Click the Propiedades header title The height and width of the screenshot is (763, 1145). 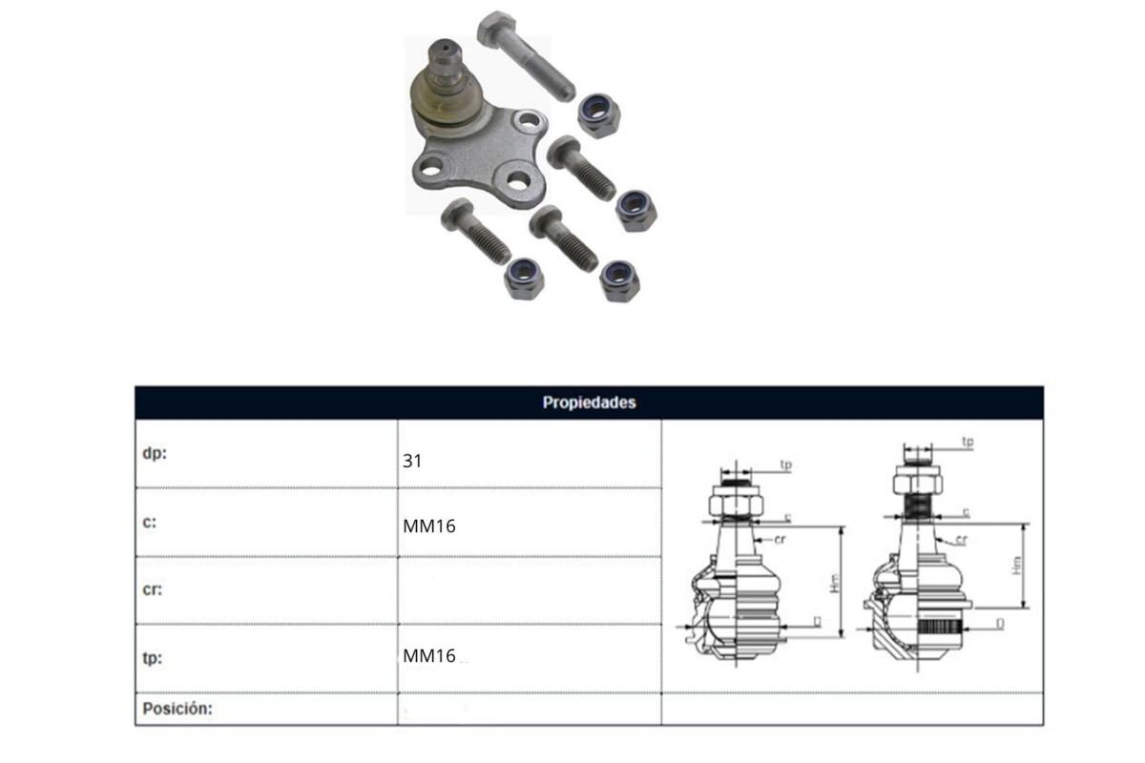[589, 402]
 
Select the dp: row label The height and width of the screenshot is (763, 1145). [155, 453]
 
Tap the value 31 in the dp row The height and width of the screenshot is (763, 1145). [412, 461]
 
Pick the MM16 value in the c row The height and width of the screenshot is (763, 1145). [428, 526]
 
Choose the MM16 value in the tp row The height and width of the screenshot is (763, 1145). [428, 655]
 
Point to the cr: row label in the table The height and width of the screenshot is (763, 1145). [153, 589]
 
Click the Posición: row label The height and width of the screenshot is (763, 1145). [177, 709]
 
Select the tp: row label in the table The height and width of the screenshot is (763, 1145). [153, 658]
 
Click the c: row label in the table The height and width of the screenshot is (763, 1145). [149, 523]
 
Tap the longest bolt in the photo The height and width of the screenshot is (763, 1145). [527, 56]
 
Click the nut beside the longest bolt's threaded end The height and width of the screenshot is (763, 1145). [599, 115]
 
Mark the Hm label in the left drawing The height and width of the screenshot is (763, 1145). [835, 584]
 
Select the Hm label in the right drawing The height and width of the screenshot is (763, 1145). [1017, 565]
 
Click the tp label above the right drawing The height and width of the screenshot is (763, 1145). [968, 442]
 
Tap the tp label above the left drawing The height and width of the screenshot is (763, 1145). [785, 465]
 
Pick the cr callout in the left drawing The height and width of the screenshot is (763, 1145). [780, 539]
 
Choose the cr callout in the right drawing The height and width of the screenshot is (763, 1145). [962, 540]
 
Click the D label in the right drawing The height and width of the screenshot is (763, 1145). [1000, 624]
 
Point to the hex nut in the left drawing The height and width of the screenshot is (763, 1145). [736, 505]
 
